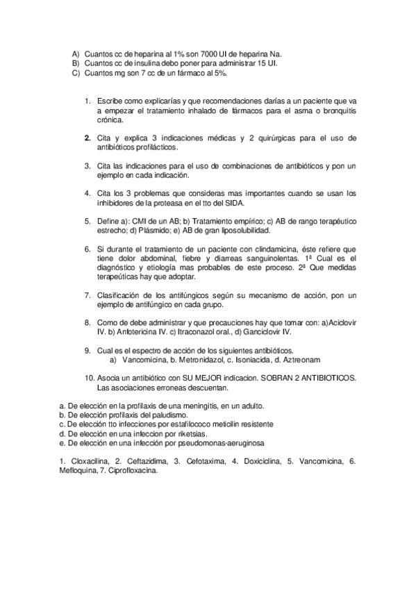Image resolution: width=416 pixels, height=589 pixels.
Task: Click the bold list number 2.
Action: coord(88,138)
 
